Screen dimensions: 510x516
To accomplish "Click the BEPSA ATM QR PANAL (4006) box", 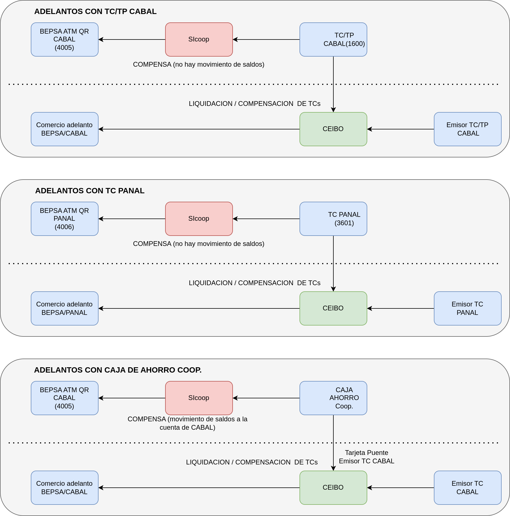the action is (x=65, y=219).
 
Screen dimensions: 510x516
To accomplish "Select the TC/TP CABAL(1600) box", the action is (x=333, y=39).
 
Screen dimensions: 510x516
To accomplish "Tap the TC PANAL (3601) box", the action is (x=333, y=219).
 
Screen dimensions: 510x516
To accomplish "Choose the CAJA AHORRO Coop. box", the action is (x=333, y=398).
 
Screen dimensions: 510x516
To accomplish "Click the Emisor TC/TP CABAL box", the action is (x=468, y=129).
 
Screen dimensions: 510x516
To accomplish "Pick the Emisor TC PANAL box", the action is (x=468, y=308).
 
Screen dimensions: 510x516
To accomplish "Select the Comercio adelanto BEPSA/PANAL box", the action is (x=65, y=308).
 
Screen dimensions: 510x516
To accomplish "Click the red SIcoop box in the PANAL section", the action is (x=199, y=219).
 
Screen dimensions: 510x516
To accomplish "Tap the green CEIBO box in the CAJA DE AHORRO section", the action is (x=333, y=488).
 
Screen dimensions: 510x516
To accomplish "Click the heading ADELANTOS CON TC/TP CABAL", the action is (x=95, y=11).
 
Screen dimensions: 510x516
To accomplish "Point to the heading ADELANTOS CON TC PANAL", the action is (x=90, y=191).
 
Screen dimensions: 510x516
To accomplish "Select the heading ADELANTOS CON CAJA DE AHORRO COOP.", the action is (x=118, y=370).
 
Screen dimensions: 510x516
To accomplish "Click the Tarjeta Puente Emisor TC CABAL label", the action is (x=367, y=457).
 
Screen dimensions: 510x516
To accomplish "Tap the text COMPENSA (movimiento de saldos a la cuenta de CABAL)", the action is (x=188, y=423).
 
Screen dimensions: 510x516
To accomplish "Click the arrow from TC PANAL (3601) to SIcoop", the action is (x=266, y=219).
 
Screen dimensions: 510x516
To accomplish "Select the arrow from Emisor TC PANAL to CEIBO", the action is (x=401, y=308).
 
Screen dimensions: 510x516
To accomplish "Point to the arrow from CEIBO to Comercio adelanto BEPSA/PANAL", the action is (x=199, y=308).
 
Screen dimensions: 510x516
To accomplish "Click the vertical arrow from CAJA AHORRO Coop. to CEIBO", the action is (x=333, y=443).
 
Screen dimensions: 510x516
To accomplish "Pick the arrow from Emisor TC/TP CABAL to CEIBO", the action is (x=401, y=129).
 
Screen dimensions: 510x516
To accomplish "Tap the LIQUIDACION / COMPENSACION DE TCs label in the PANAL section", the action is (x=255, y=283).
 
